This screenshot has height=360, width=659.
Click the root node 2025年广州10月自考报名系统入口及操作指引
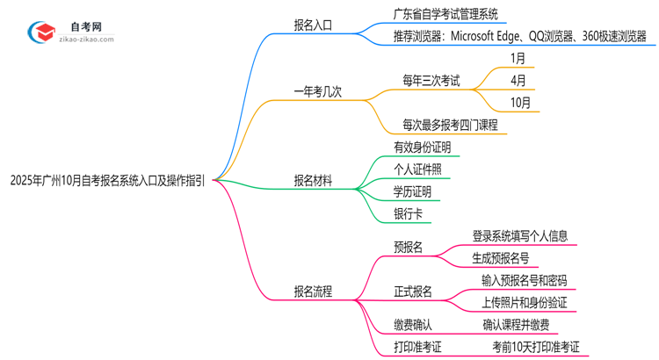tap(107, 181)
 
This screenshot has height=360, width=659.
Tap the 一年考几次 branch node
tap(318, 90)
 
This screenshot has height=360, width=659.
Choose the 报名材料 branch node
tap(313, 181)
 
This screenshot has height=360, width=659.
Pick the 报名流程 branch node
tap(313, 292)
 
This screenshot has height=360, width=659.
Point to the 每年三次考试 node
tap(431, 80)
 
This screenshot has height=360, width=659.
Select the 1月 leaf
tap(518, 58)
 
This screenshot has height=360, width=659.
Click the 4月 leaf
tap(518, 80)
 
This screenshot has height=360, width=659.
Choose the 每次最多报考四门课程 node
tap(450, 125)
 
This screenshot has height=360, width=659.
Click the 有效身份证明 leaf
tap(422, 148)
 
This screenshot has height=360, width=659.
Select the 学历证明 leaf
tap(412, 191)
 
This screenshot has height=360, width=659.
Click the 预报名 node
tap(408, 248)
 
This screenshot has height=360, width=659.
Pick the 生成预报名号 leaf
tap(500, 258)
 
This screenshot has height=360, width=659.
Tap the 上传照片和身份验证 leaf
tap(524, 302)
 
